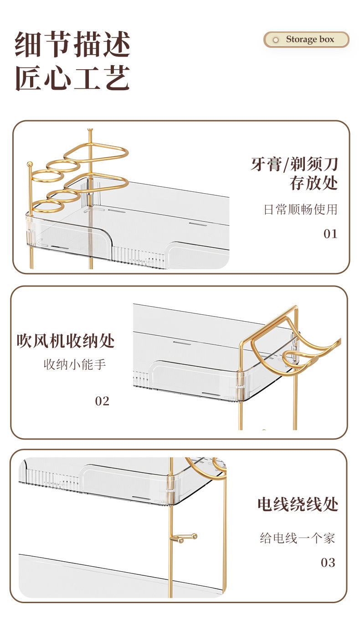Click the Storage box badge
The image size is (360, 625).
pos(306,40)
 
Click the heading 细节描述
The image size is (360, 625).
pos(73,45)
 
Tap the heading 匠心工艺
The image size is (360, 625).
pos(73,77)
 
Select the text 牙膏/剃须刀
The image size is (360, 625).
pos(294,164)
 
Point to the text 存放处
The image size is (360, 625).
pos(314,183)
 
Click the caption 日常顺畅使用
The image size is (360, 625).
pos(301,210)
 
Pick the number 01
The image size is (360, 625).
pos(330,234)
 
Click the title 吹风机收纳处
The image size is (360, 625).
pos(66,341)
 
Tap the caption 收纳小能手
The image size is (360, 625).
pos(75,364)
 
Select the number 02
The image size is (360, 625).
pos(102,401)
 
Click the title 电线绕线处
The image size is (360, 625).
pos(298,504)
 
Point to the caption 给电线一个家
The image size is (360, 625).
pos(297,538)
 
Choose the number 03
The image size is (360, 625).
pos(328,563)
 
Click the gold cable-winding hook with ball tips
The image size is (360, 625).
pos(185,538)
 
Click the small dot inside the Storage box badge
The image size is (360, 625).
pos(275,40)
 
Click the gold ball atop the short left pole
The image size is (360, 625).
pos(30,164)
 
